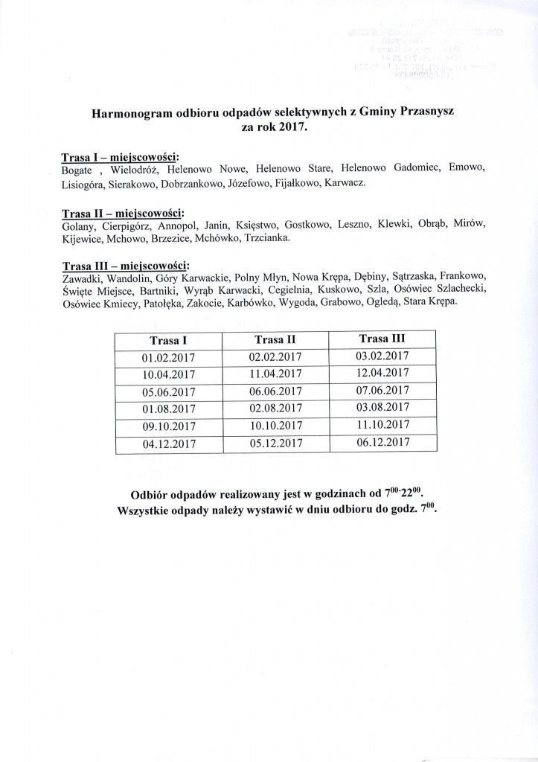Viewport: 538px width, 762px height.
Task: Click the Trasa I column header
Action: (168, 340)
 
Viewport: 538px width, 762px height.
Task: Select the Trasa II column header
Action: (275, 339)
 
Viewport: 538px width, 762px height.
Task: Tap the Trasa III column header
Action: (383, 338)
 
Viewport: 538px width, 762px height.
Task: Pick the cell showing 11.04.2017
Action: (275, 374)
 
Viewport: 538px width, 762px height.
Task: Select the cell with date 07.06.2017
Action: (383, 390)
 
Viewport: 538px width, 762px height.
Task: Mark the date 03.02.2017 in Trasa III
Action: (383, 356)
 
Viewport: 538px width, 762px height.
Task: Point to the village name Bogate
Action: (78, 170)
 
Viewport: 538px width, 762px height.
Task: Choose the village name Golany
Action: (79, 225)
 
